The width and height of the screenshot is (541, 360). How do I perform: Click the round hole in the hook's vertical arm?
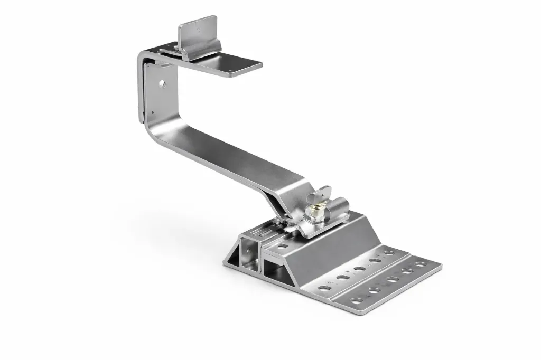click(x=162, y=83)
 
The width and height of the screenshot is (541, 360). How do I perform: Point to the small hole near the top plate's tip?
click(x=229, y=69)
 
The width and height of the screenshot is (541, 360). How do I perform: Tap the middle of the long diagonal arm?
click(x=227, y=161)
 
